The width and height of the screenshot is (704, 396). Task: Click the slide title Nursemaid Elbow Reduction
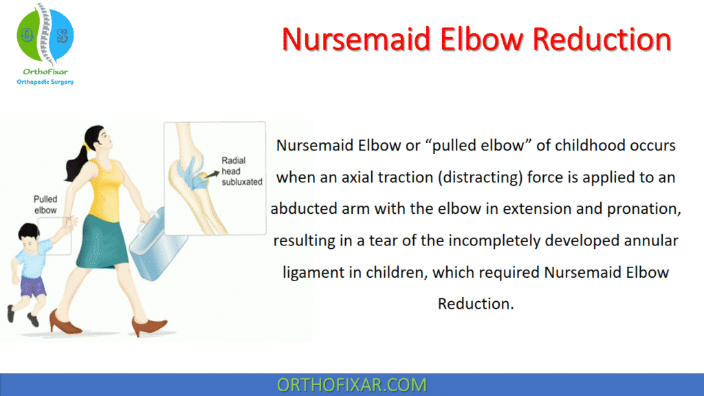[476, 40]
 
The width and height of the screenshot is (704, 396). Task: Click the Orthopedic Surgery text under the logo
[45, 82]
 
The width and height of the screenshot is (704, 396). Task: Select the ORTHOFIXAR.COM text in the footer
[351, 384]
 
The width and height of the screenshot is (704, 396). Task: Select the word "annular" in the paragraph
[650, 241]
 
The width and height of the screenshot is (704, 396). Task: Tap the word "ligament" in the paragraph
[311, 272]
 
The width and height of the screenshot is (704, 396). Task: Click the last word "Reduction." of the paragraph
[476, 304]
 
